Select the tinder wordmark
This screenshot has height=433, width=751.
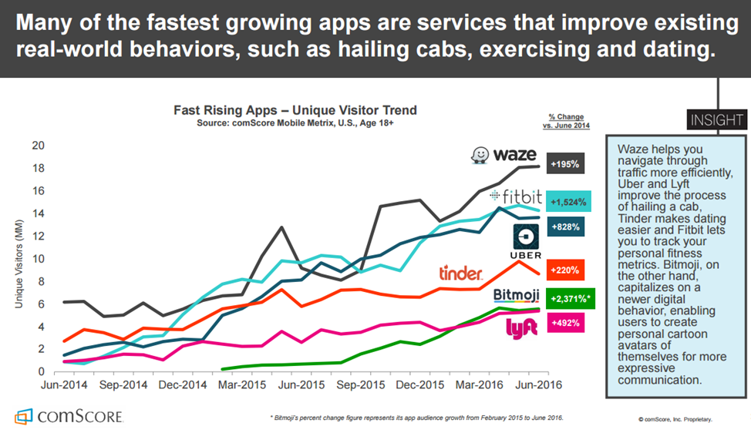pyautogui.click(x=461, y=273)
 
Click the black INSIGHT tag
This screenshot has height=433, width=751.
pyautogui.click(x=716, y=119)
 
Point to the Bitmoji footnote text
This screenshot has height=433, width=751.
pyautogui.click(x=416, y=417)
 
